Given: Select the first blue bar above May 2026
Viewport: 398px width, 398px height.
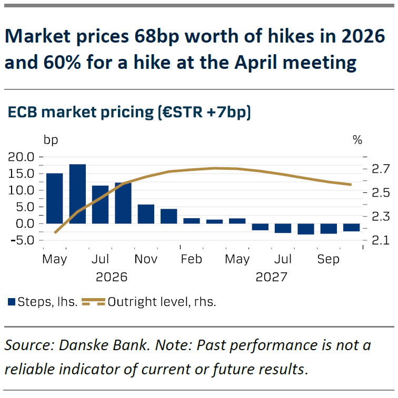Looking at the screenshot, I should point(55,198).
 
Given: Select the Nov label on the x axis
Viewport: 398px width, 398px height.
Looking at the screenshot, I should point(146,259).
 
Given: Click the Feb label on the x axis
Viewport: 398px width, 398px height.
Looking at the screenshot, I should point(192,259).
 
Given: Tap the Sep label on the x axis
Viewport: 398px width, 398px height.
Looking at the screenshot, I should point(329,259).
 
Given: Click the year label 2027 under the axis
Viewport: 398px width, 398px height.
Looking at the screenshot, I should point(271,276).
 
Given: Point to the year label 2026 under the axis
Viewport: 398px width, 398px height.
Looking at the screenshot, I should point(112,276).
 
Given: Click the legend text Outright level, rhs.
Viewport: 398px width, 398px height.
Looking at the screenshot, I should point(162,302).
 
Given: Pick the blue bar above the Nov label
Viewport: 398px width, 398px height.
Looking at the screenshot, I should point(146,213).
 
